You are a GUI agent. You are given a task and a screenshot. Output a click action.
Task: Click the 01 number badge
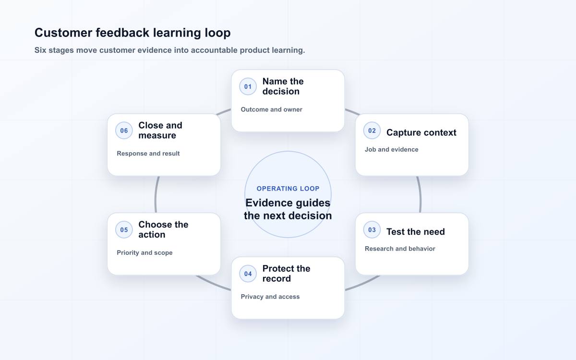tap(248, 87)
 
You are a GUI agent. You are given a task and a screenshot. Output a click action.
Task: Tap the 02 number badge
tap(372, 131)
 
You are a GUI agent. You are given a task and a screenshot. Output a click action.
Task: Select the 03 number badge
tap(372, 229)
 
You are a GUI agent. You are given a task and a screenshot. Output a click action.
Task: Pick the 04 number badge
tap(248, 274)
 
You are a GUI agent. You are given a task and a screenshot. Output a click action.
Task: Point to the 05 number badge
tap(124, 229)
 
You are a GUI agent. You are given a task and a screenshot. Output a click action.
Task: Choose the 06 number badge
tap(124, 131)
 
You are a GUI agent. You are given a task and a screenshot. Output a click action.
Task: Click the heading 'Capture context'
tap(421, 132)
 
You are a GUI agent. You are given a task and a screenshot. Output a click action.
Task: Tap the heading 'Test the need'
tap(416, 232)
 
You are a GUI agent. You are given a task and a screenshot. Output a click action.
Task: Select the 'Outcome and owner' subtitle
tap(271, 109)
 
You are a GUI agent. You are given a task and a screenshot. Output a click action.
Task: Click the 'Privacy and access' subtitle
tap(270, 297)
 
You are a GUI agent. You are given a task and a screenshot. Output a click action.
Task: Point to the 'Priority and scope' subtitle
tap(144, 253)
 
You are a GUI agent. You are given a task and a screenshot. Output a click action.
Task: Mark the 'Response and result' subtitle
tap(148, 154)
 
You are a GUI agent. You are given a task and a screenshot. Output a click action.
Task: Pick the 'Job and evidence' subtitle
tap(391, 150)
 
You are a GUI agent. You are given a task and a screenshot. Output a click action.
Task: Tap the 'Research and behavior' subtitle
tap(400, 249)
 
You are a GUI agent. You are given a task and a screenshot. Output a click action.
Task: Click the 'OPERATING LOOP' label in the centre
tap(288, 189)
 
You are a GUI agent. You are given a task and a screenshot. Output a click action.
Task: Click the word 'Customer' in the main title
tap(63, 33)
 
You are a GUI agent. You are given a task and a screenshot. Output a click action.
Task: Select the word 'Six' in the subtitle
tap(40, 50)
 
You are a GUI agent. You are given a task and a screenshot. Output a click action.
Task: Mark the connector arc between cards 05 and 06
tap(156, 195)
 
